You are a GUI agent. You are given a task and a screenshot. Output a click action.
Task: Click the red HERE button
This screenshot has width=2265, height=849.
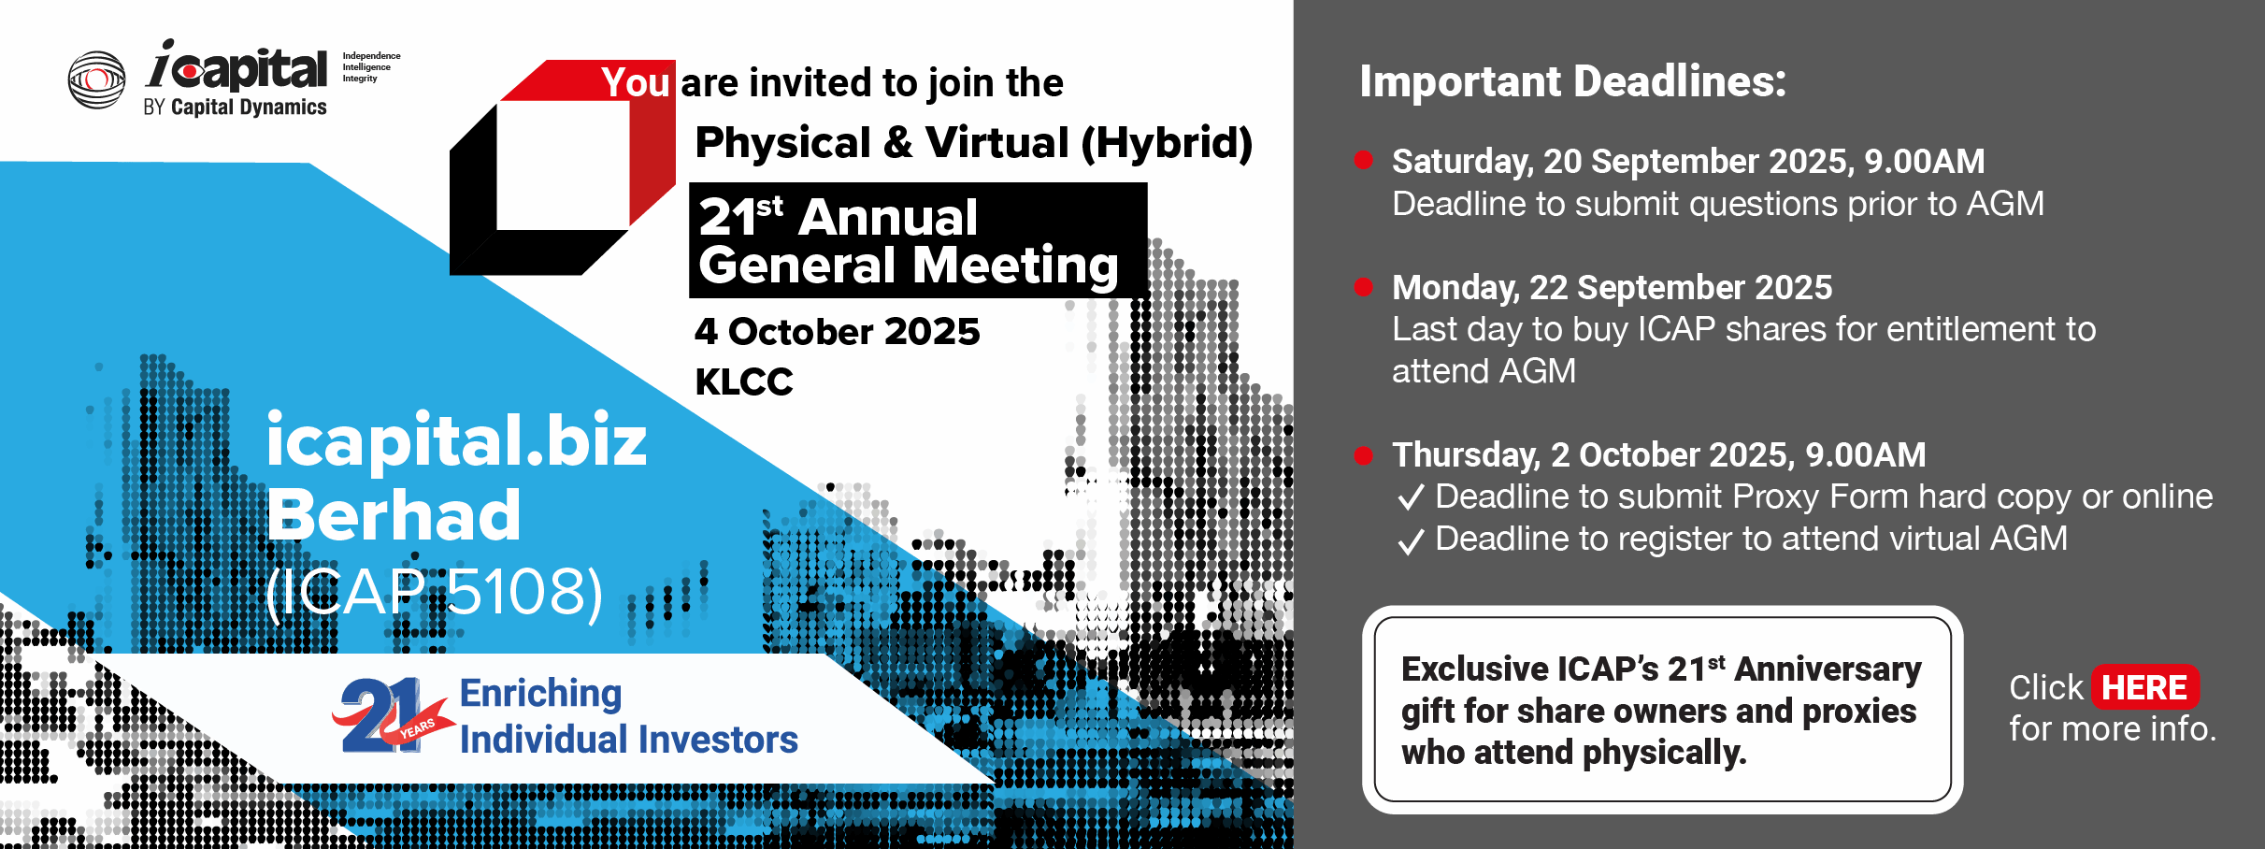[2144, 687]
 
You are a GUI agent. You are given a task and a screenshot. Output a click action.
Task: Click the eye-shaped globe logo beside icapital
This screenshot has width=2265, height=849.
[96, 79]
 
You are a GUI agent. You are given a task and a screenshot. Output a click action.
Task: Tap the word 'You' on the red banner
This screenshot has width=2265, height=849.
[636, 82]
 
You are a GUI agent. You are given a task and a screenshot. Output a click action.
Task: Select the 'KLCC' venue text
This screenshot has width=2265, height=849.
[744, 381]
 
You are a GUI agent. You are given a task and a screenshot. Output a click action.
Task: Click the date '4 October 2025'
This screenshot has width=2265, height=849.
[838, 331]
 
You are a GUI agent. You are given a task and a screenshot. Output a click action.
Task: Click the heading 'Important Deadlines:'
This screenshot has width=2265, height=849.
[1572, 81]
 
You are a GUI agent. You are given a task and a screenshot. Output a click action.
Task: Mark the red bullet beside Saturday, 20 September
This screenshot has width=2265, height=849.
[1364, 160]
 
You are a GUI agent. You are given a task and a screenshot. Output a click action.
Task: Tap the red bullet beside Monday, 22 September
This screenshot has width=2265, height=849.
[1364, 286]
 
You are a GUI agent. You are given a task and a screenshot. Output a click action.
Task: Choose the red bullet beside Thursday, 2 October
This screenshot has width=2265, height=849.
[1364, 455]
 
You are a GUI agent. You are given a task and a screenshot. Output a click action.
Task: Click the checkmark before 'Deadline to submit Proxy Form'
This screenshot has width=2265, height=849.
[1411, 496]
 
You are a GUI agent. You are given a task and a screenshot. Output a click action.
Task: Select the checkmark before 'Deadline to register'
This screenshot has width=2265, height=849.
[1411, 540]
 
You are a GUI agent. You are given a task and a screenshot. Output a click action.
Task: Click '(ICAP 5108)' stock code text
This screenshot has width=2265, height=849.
[435, 592]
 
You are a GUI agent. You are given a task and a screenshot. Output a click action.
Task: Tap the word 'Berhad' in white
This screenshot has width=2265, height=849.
[394, 514]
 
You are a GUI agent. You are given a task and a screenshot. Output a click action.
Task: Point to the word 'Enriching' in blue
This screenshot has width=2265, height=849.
[540, 693]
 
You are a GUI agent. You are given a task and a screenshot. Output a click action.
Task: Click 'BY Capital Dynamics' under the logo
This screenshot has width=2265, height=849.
[235, 107]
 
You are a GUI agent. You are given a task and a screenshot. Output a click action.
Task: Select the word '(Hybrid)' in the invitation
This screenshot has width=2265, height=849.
[1167, 143]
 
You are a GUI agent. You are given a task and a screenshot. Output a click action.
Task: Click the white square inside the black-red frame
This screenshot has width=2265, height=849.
[563, 165]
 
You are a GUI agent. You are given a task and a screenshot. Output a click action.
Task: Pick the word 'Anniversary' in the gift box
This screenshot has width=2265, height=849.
[1828, 669]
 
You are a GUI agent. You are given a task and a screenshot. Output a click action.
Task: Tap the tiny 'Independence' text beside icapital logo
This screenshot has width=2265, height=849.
[371, 56]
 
